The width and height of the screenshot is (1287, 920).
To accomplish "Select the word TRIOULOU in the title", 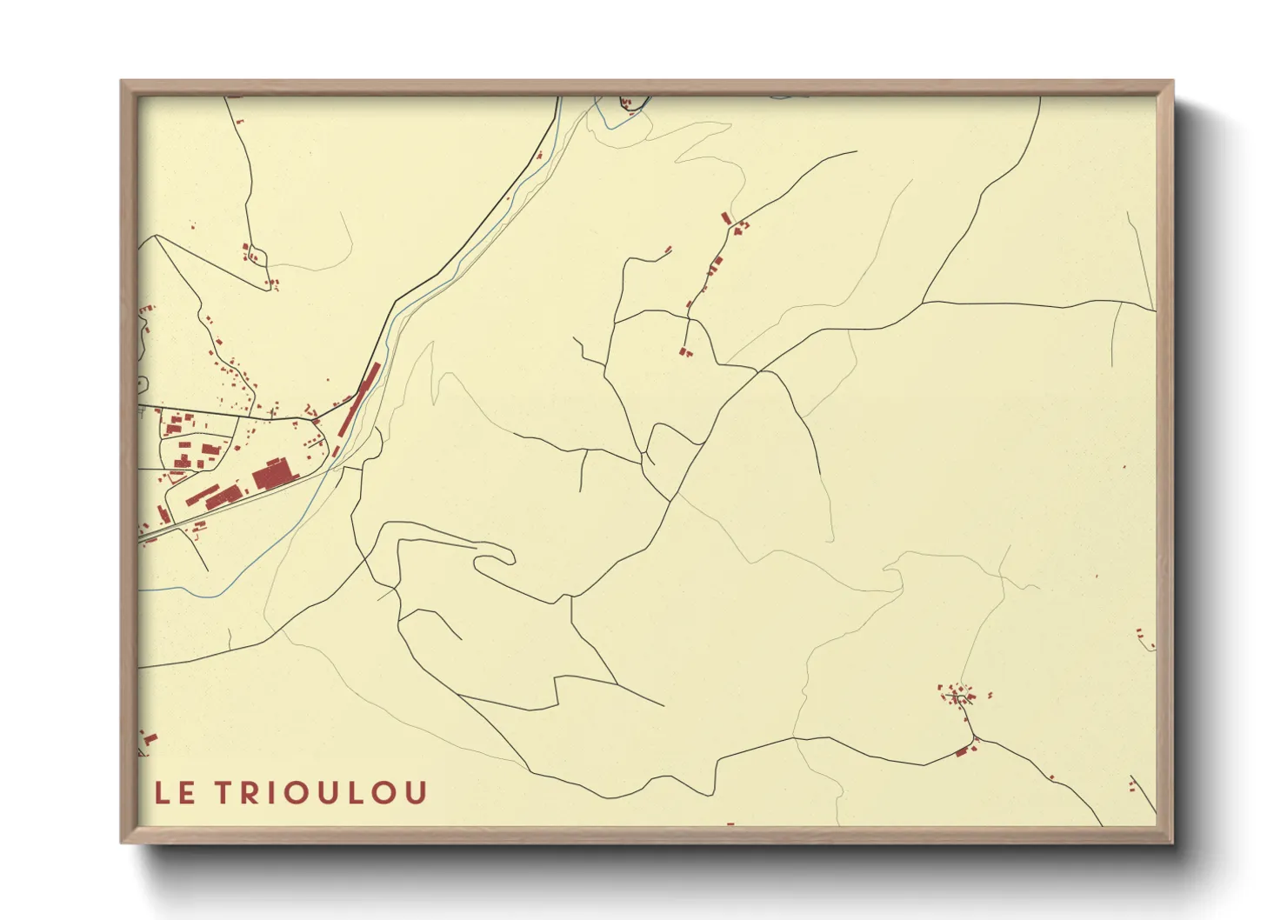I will (321, 793).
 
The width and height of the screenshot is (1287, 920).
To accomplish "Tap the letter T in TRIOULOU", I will (224, 793).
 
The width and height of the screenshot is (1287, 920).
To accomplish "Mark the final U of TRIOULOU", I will (416, 793).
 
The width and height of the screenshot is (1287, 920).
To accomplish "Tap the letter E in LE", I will (186, 793).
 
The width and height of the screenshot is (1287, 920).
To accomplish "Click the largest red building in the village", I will (271, 475).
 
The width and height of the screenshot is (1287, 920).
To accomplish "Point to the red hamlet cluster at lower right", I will (958, 695).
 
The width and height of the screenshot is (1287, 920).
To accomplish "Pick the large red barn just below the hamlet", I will (962, 751).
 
